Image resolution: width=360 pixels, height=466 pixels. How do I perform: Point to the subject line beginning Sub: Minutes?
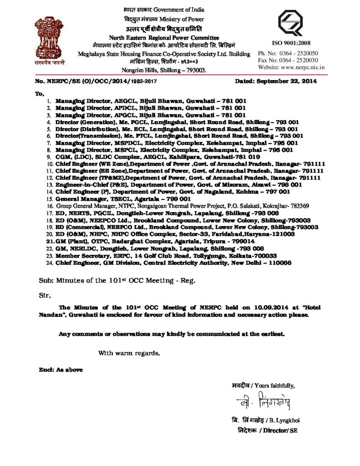click(117, 281)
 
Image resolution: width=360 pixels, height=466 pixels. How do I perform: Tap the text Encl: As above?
click(60, 370)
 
